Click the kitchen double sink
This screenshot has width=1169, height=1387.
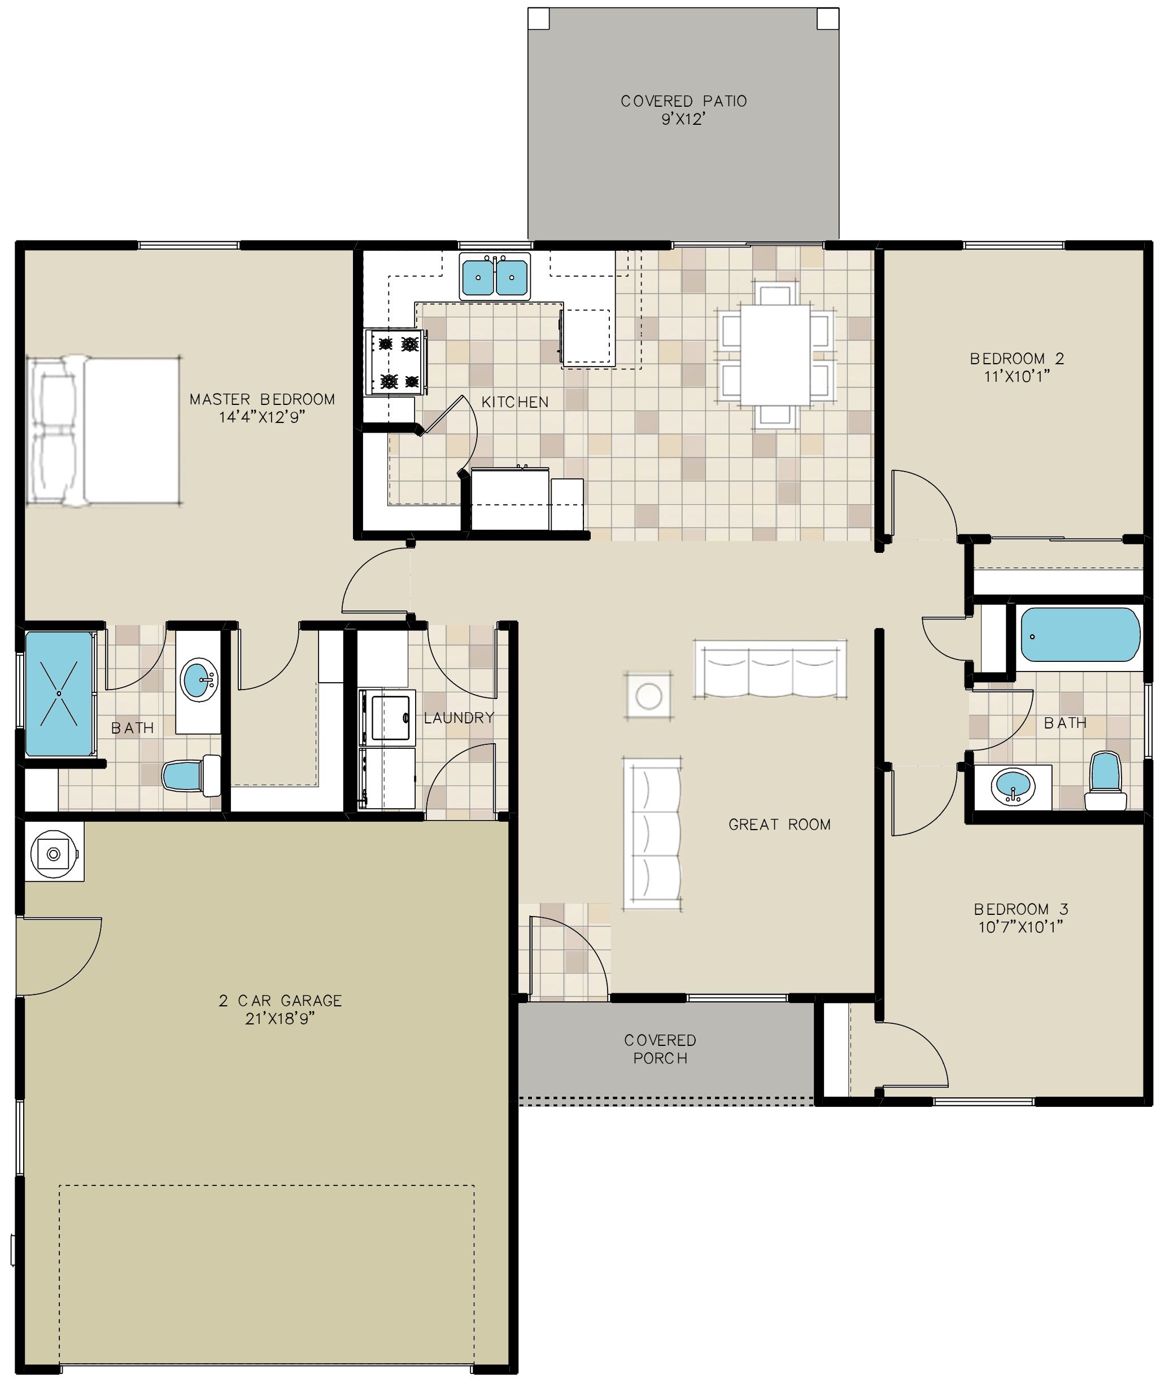pos(494,276)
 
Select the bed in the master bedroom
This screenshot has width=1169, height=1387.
pos(103,431)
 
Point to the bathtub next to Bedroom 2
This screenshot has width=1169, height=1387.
pos(1080,635)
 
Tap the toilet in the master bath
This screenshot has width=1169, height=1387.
pos(191,775)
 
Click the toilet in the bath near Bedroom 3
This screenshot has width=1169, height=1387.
pos(1105,780)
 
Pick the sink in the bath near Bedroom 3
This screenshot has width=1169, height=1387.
pos(1013,787)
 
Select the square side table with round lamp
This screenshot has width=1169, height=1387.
pos(649,696)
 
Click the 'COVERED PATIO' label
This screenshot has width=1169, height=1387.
pos(683,101)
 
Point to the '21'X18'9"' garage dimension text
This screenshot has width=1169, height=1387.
pos(280,1019)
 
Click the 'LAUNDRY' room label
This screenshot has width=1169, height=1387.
pos(459,717)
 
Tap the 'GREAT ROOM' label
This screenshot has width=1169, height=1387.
pos(779,825)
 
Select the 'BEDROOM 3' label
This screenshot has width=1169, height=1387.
pos(1020,909)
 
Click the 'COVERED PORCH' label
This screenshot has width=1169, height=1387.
pos(660,1049)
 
